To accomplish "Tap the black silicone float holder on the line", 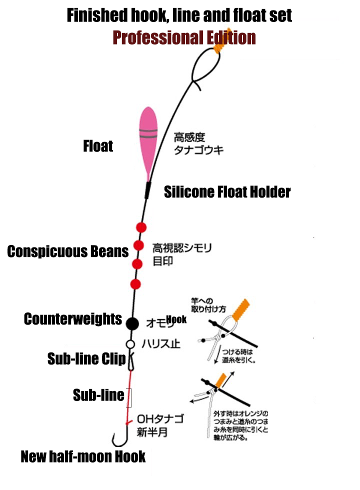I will click(x=147, y=190).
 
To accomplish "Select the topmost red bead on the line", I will click(x=141, y=227).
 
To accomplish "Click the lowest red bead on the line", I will click(x=135, y=284).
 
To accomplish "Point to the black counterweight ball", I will click(x=132, y=323).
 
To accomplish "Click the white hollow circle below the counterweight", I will click(x=130, y=344).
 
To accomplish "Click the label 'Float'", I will click(x=98, y=146).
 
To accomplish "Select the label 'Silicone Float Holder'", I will click(x=227, y=191).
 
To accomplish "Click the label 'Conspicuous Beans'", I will click(x=68, y=251).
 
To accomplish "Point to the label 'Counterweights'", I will click(x=73, y=319).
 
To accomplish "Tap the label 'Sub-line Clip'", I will click(x=86, y=358).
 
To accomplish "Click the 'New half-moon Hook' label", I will click(x=83, y=456).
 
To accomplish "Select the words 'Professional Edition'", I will click(x=184, y=37).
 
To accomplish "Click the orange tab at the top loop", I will click(x=218, y=45).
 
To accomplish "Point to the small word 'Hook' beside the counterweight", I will click(x=176, y=319).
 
